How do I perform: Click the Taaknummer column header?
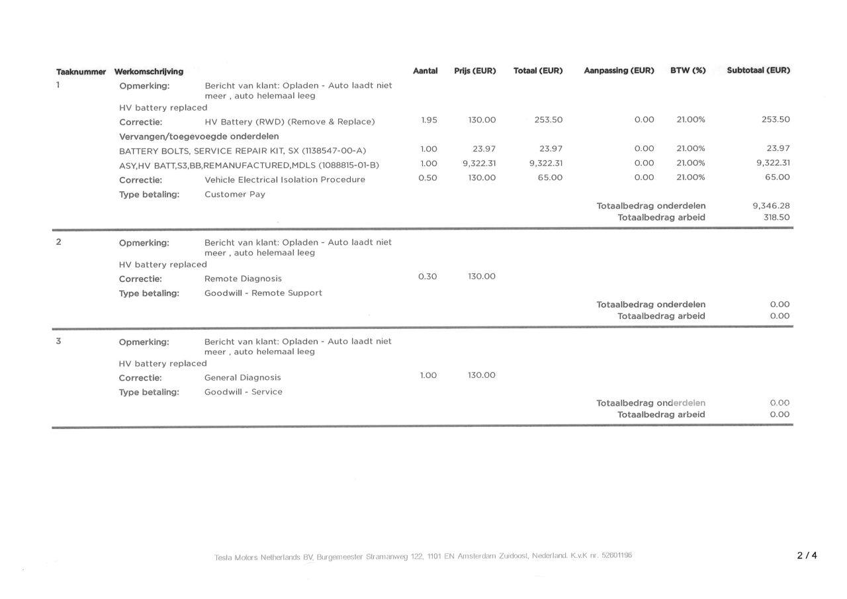tap(81, 71)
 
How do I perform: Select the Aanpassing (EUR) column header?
tap(619, 71)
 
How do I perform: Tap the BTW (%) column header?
tap(688, 71)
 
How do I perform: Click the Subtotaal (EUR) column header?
tap(758, 70)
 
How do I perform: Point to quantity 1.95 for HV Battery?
tap(429, 120)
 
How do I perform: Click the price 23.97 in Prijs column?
tap(484, 149)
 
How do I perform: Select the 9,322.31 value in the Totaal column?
tap(546, 163)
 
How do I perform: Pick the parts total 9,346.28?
tap(771, 206)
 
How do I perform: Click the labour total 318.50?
tap(776, 217)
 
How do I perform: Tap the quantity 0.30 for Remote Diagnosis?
tap(427, 277)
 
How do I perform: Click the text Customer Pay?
tap(235, 195)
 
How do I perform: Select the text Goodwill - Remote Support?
tap(263, 293)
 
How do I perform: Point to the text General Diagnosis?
tap(242, 378)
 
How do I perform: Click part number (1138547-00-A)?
tap(334, 151)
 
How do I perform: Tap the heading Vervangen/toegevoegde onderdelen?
tap(199, 136)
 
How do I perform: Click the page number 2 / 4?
tap(807, 556)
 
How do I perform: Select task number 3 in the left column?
tap(58, 342)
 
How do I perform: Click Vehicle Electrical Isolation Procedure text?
tap(285, 180)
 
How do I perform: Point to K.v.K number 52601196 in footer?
tap(617, 555)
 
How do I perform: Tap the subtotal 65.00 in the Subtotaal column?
tap(778, 177)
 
